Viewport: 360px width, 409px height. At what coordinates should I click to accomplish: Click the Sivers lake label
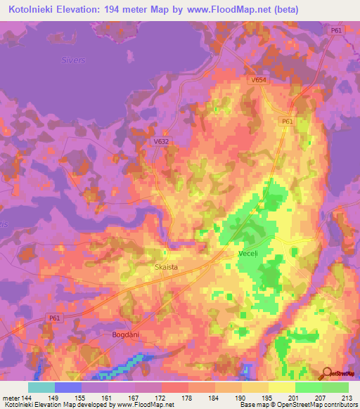click(73, 60)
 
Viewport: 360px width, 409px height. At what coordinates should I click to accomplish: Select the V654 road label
click(259, 81)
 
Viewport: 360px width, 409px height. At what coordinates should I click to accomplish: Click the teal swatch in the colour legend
click(41, 387)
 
